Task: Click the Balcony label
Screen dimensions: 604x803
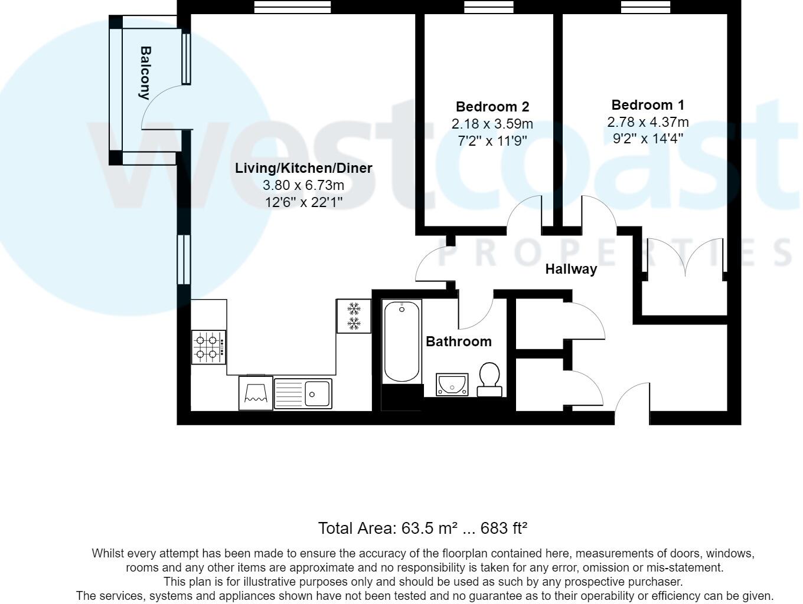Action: (145, 73)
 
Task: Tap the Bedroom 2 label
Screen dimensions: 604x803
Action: (492, 107)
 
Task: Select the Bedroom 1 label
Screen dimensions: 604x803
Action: (648, 105)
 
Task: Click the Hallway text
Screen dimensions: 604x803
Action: (570, 269)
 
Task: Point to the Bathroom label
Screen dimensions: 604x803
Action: (458, 342)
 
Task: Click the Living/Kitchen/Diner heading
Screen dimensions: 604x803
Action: (303, 168)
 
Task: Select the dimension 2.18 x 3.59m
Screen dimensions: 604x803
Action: (492, 124)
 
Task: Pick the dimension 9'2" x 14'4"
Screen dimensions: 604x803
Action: (648, 139)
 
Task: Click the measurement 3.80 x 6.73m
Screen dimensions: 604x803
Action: (303, 185)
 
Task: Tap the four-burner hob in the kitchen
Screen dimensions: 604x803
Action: (208, 347)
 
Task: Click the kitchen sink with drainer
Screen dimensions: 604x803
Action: (303, 393)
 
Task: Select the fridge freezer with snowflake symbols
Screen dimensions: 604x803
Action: (354, 316)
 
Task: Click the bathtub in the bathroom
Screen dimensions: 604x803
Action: (402, 342)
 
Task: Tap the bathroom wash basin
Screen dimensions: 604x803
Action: (452, 385)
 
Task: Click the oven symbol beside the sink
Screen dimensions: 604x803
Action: (256, 392)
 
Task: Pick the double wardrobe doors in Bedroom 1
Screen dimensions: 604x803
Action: (685, 257)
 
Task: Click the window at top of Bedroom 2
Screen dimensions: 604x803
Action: (488, 7)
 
